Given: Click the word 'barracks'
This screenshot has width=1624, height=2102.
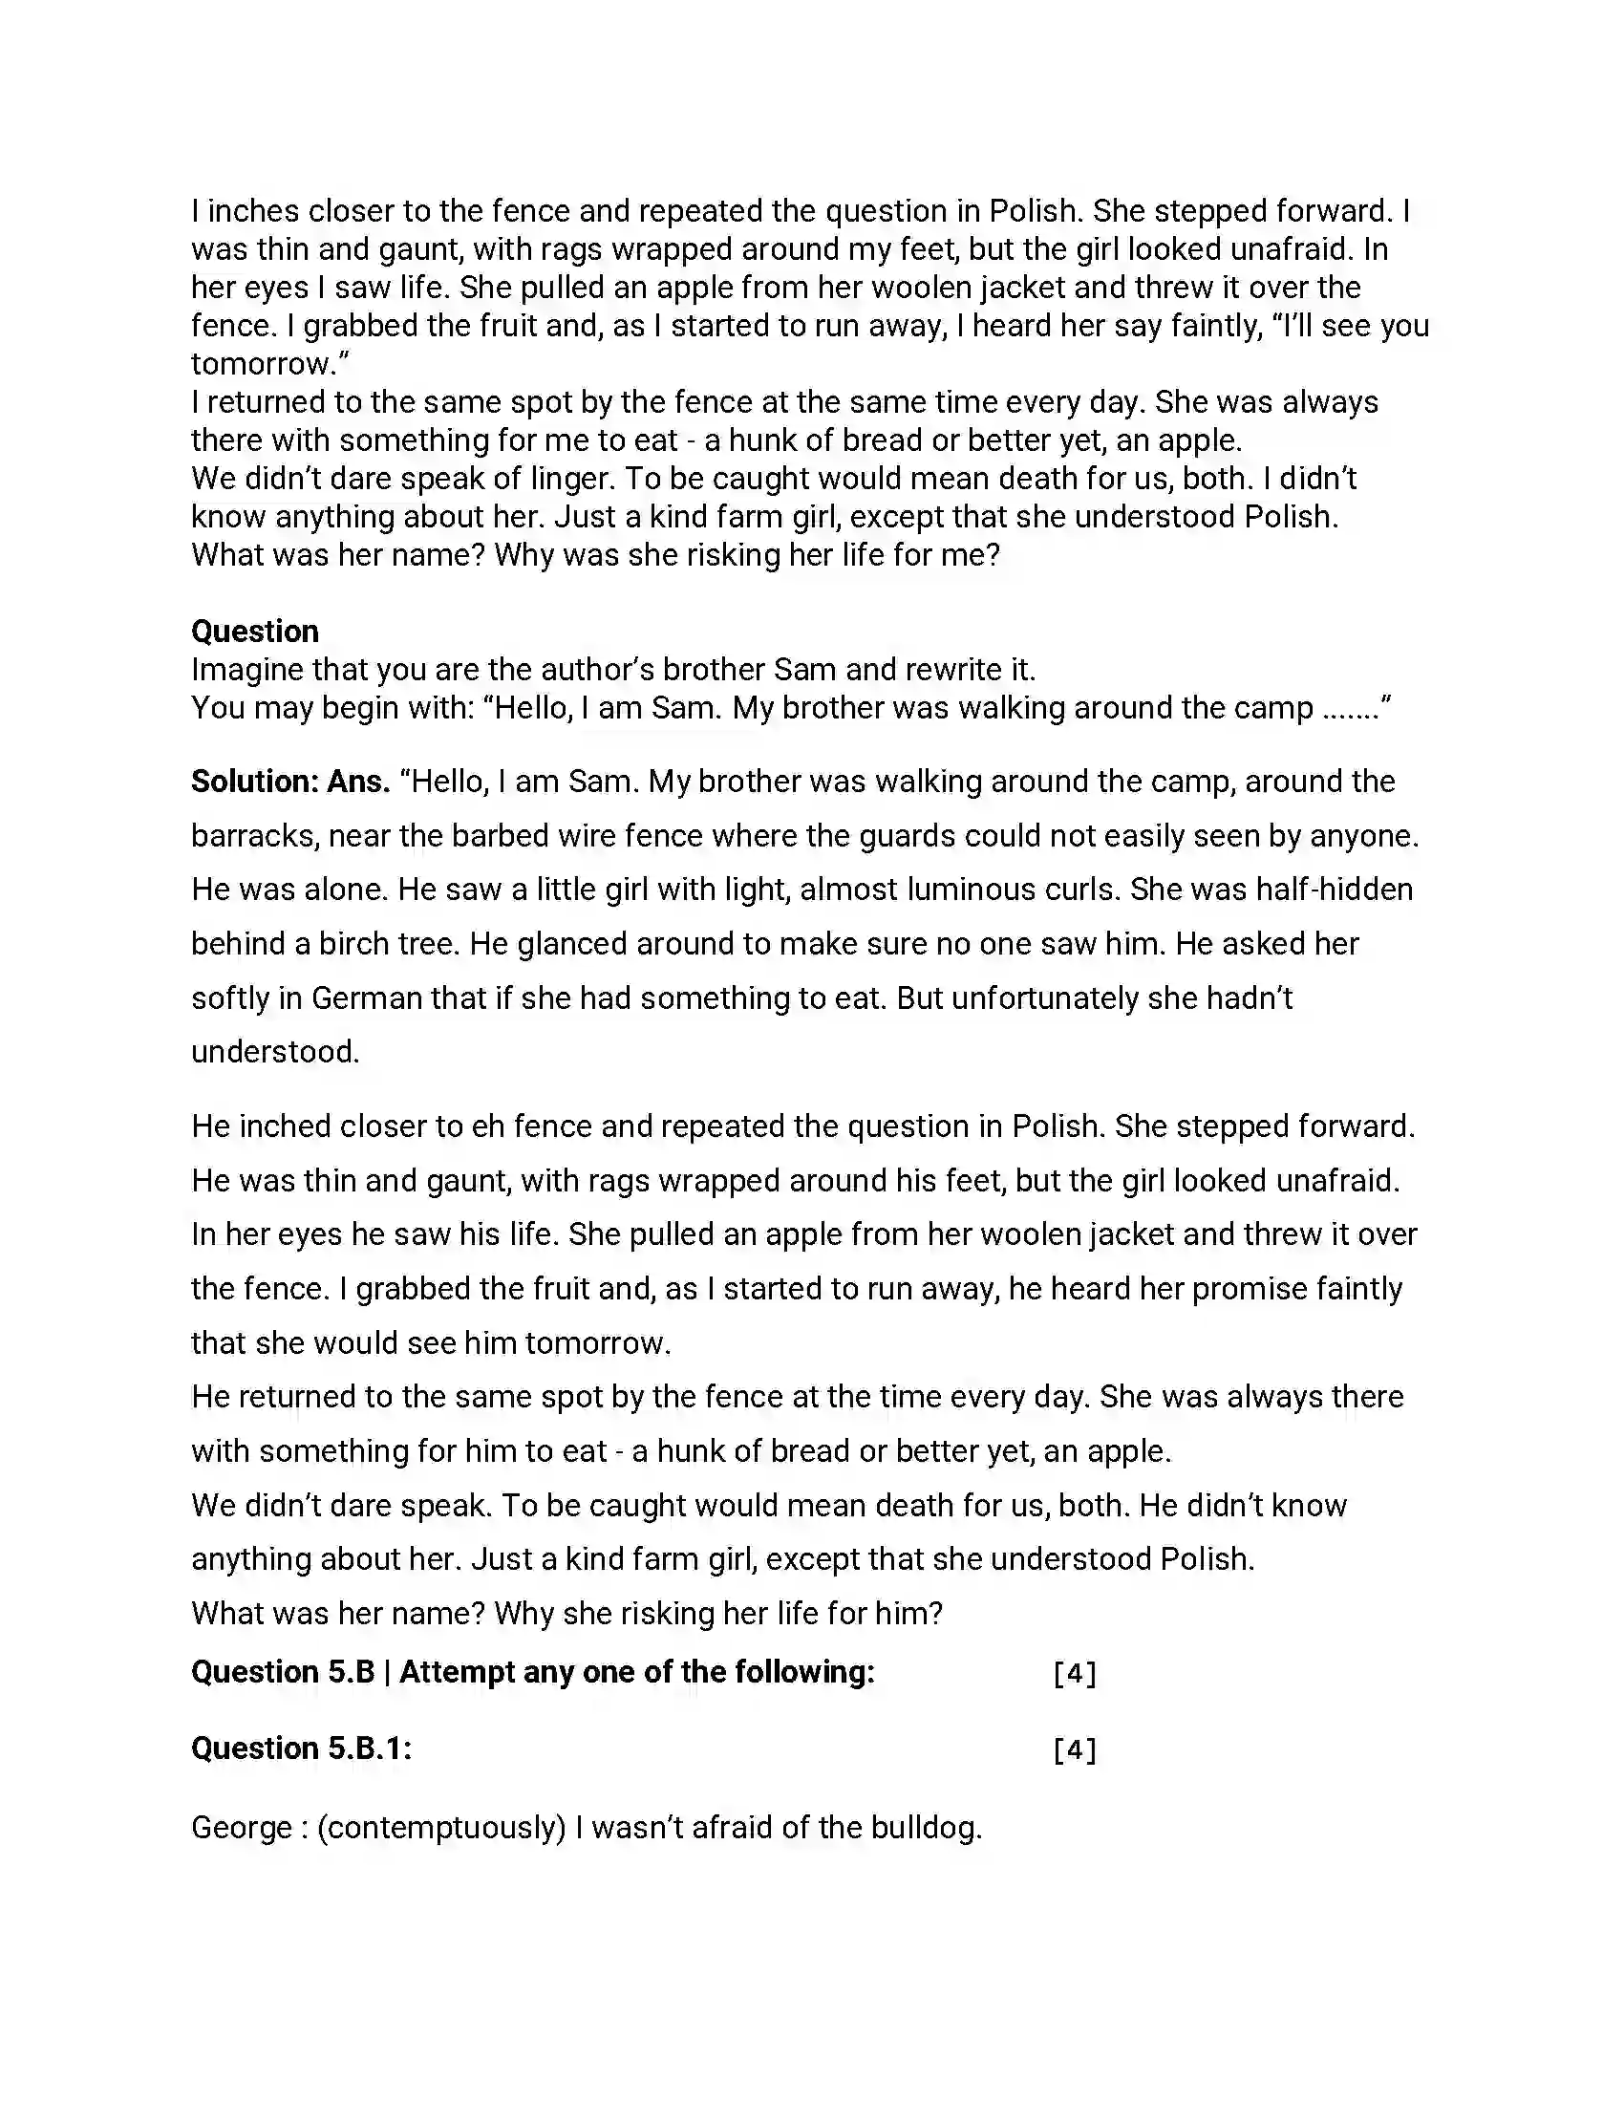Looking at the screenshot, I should tap(253, 835).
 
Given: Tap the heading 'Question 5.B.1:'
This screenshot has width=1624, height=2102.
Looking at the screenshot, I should tap(301, 1748).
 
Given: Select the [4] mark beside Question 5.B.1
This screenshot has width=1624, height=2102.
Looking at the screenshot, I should tap(1075, 1748).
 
